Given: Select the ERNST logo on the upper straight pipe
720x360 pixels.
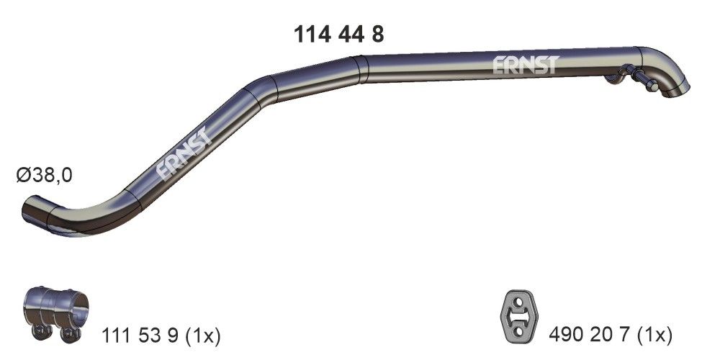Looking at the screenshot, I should (x=526, y=66).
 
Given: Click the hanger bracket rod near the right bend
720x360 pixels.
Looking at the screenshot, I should (x=642, y=78).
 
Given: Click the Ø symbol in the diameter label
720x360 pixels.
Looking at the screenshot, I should (x=22, y=175).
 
